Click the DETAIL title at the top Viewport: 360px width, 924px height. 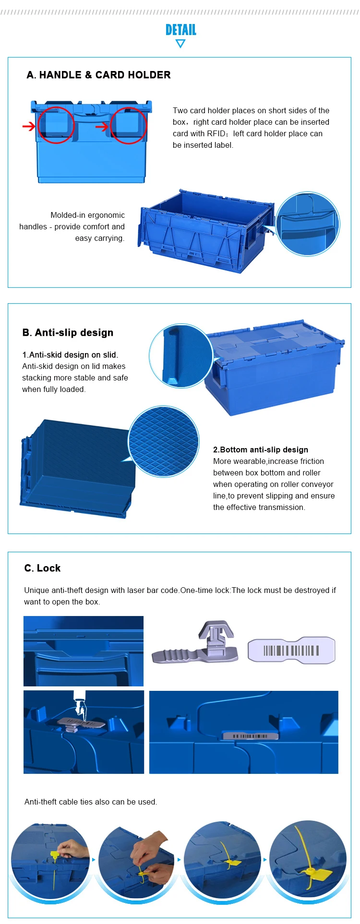[x=181, y=30]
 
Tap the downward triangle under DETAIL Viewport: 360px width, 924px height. [x=180, y=44]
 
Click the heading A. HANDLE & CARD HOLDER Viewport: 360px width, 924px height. [x=99, y=75]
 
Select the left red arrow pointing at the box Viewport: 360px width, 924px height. [x=29, y=126]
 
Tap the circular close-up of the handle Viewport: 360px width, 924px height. [x=308, y=224]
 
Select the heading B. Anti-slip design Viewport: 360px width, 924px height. [x=68, y=332]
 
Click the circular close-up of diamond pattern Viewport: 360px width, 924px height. [x=163, y=441]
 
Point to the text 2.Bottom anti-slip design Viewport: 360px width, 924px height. [x=261, y=450]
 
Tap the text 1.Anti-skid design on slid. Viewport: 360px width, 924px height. [x=70, y=355]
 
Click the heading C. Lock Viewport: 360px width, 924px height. [x=42, y=568]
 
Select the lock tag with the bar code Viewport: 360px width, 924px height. [x=291, y=650]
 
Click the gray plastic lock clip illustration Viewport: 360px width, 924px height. [x=195, y=643]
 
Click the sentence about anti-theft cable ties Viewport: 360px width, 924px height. [x=91, y=802]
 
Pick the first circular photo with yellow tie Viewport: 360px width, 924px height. [x=50, y=861]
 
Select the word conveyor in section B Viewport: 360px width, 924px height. [x=318, y=484]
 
